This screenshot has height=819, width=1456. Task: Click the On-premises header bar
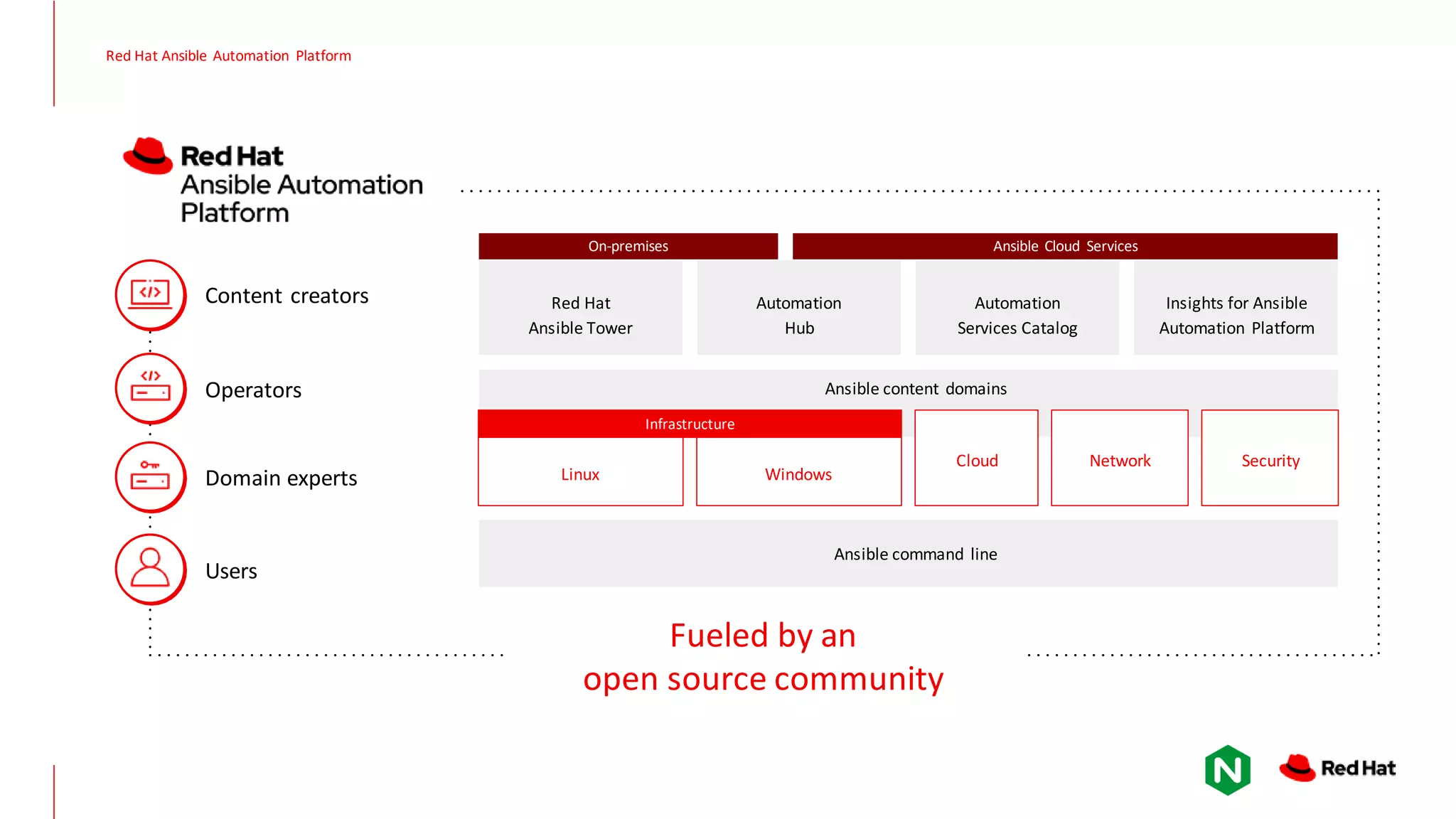coord(628,246)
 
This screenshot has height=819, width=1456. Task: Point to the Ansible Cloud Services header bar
coord(1064,246)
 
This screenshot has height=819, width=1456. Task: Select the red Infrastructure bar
coord(690,424)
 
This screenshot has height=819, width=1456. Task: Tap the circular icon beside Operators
coord(150,388)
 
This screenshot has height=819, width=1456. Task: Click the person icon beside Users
coord(150,569)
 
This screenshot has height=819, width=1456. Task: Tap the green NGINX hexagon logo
coord(1227,770)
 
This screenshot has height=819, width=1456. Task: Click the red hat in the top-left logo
coord(148,156)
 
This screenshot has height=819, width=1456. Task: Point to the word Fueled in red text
coord(719,636)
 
